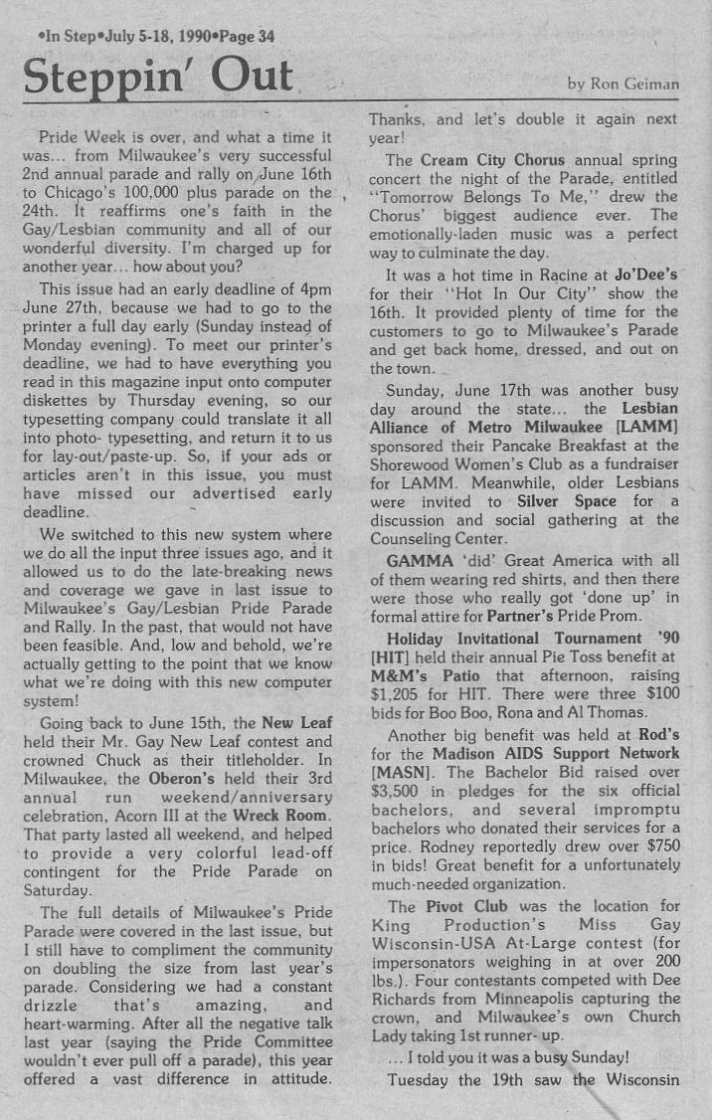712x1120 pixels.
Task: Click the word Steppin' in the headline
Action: (x=95, y=77)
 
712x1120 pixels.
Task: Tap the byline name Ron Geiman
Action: (x=637, y=85)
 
